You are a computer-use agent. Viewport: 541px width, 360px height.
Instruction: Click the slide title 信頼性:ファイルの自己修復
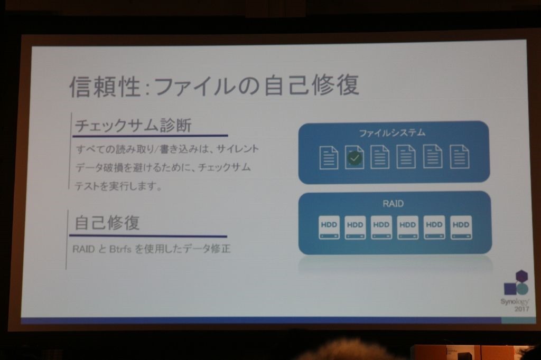(x=214, y=85)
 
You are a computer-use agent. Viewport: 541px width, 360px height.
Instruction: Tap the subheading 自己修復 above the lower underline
(x=107, y=222)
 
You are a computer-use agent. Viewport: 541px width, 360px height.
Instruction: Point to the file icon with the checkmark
(x=355, y=157)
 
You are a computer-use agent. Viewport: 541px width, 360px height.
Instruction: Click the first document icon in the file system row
(x=329, y=157)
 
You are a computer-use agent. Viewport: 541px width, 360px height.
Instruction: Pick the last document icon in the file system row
(x=460, y=157)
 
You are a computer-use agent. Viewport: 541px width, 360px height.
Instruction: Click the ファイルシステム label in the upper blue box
(x=393, y=133)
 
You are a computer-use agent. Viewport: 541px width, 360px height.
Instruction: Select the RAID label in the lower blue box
(x=393, y=203)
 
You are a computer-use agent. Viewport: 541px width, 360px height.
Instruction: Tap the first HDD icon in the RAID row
(x=329, y=227)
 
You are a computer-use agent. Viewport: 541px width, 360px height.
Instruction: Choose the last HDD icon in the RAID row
(x=461, y=227)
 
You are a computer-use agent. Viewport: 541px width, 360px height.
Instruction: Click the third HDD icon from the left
(x=381, y=227)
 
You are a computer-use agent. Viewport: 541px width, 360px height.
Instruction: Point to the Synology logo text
(x=515, y=301)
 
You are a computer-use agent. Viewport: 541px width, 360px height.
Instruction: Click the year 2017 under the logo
(x=521, y=309)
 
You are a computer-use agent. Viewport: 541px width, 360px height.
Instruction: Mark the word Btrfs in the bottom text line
(x=120, y=249)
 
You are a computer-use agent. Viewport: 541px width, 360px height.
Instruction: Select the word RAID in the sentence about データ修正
(x=83, y=249)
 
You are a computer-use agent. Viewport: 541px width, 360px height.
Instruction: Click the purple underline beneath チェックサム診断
(x=150, y=136)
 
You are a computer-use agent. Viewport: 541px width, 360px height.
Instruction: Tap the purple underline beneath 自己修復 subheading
(x=148, y=236)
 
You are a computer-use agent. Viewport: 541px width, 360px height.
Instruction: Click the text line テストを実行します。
(x=118, y=186)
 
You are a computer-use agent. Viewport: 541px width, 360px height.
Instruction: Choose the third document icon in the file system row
(x=380, y=157)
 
